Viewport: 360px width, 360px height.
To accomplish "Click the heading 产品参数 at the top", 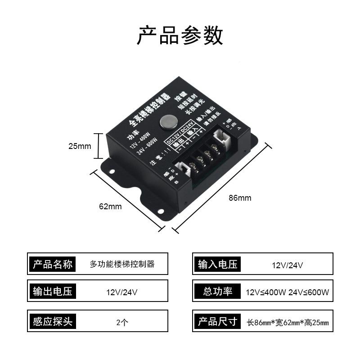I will point(180,36).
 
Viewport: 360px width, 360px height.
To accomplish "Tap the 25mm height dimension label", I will point(80,146).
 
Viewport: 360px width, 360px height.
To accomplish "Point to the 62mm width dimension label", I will point(110,207).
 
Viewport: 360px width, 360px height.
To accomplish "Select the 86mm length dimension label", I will point(240,198).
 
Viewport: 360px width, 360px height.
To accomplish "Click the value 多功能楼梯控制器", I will point(122,264).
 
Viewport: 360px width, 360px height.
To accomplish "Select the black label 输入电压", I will point(217,264).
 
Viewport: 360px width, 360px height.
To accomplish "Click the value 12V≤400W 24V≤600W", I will point(287,292).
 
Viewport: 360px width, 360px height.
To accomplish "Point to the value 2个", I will point(122,322).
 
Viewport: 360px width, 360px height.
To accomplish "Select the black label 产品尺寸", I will point(217,321).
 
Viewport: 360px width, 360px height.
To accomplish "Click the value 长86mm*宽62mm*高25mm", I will point(288,322).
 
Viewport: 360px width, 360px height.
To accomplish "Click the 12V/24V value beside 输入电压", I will point(287,265).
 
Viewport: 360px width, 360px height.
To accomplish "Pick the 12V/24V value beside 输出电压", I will point(122,292).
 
